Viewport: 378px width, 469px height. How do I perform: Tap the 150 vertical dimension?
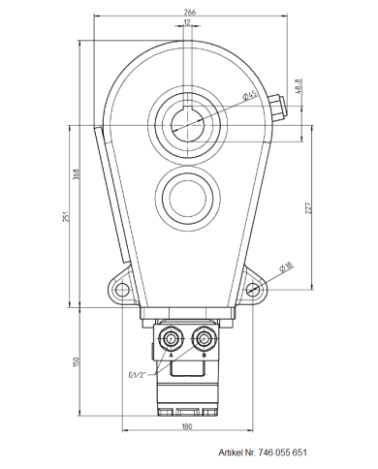(x=76, y=362)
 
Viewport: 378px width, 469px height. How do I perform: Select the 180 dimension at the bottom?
(x=187, y=426)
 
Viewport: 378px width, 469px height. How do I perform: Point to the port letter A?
(x=172, y=356)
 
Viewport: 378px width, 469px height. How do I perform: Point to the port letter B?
(x=204, y=356)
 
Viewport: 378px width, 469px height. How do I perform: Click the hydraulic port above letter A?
(x=172, y=338)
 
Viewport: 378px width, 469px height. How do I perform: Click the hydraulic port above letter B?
(x=204, y=338)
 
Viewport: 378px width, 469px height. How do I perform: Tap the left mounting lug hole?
(x=120, y=290)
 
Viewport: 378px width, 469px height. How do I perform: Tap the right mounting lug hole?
(x=254, y=290)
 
